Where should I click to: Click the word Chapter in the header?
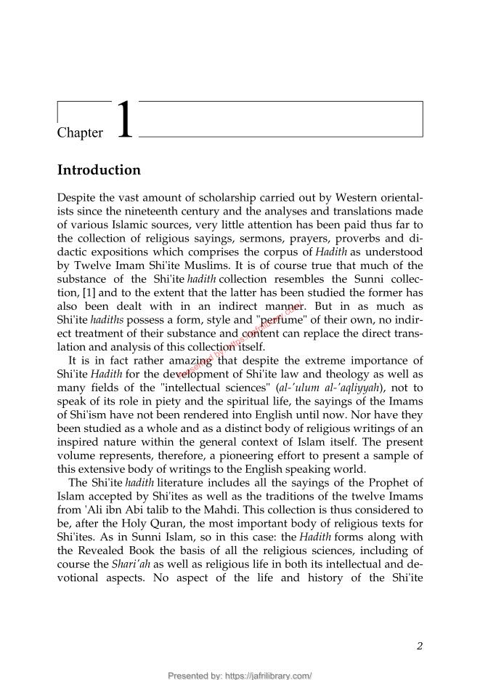pos(80,133)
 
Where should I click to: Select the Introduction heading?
pos(99,170)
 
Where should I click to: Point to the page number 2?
pos(420,645)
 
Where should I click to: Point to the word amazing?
pos(184,360)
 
